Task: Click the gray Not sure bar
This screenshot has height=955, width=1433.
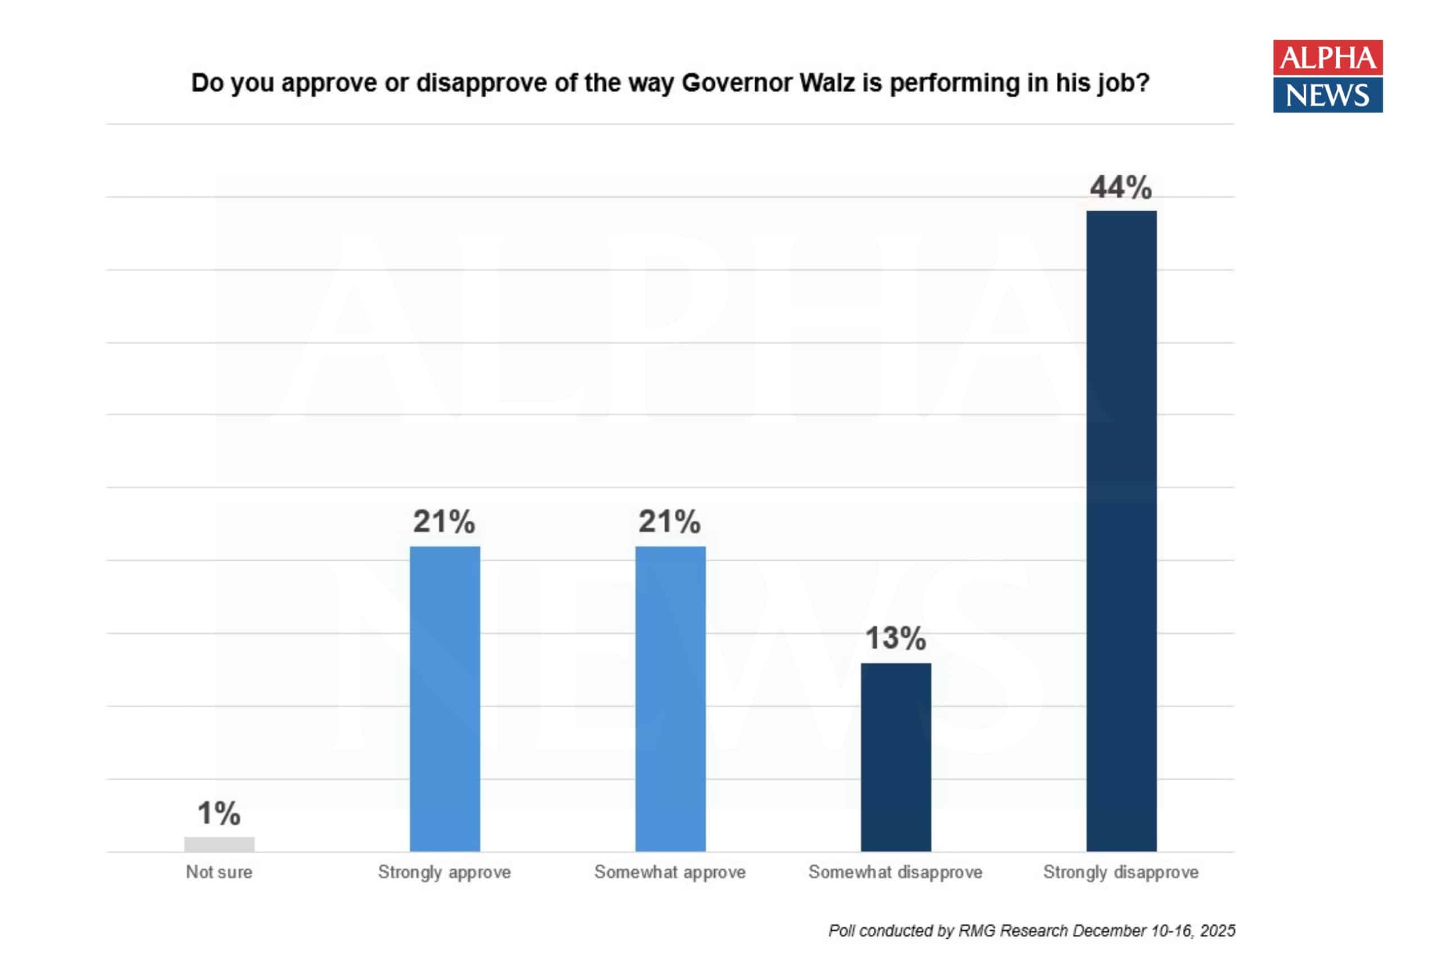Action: pos(219,844)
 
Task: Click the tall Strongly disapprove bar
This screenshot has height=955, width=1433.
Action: pos(1121,530)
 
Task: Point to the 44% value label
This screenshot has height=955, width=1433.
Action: pos(1121,187)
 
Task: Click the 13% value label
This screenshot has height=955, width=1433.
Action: pos(895,638)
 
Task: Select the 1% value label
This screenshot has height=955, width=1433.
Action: pos(219,813)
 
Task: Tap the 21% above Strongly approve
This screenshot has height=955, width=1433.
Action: pos(443,521)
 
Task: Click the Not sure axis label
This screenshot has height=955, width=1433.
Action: pos(219,872)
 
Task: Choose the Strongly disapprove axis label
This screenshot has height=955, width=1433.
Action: pos(1121,872)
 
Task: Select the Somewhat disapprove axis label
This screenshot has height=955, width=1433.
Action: pos(895,872)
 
